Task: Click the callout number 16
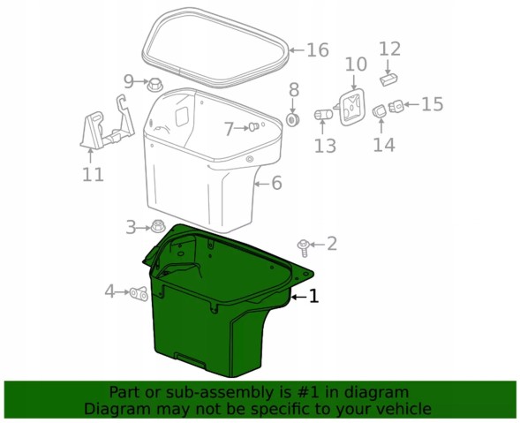tap(317, 50)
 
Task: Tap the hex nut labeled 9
tap(154, 85)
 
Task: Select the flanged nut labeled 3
tap(158, 227)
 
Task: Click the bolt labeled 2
tap(304, 248)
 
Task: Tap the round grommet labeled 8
tap(293, 119)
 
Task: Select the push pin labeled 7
tap(253, 127)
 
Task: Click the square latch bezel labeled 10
tap(351, 107)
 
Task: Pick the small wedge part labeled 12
tap(388, 79)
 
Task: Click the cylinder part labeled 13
tap(323, 115)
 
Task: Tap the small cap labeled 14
tap(380, 111)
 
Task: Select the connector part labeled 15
tap(396, 107)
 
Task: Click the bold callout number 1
tap(313, 296)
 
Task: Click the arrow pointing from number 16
tap(297, 50)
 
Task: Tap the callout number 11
tap(93, 175)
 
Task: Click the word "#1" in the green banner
tap(305, 393)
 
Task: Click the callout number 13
tap(325, 146)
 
